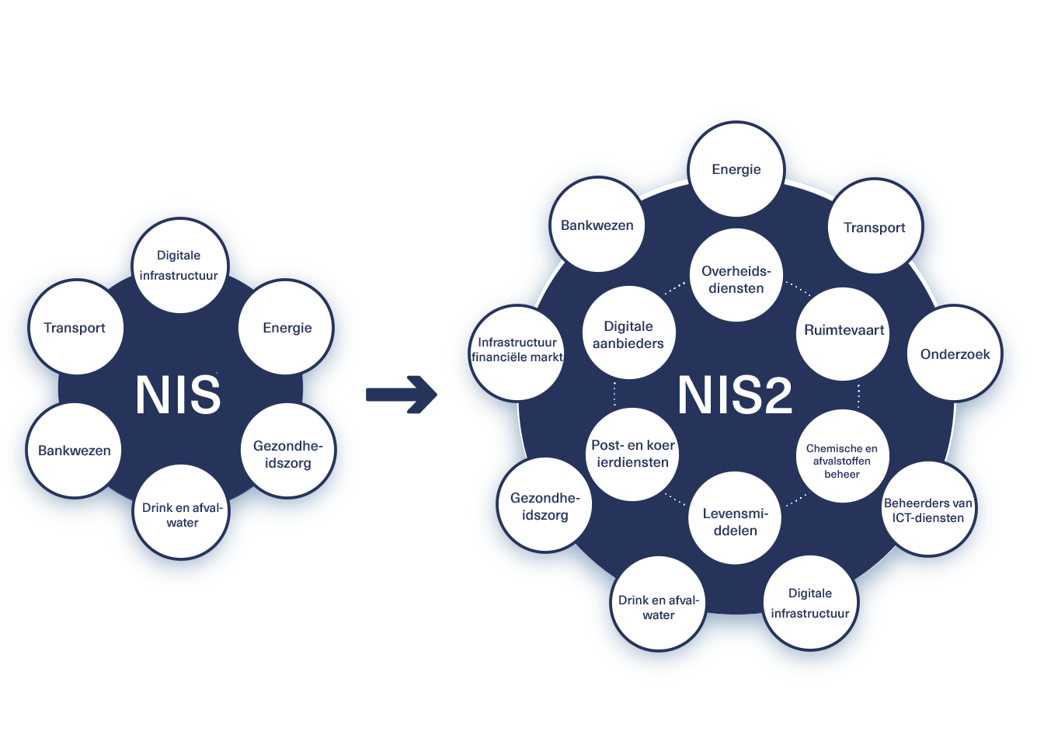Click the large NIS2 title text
coord(735,395)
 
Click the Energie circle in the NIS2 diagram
coord(736,169)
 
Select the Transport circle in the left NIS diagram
coord(75,327)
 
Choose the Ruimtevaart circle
coord(844,333)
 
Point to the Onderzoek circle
coord(955,354)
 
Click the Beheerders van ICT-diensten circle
coord(927,509)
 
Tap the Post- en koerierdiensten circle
coord(632,454)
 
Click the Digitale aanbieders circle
coord(628,334)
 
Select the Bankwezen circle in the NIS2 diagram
coord(597,225)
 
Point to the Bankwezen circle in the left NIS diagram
coord(75,451)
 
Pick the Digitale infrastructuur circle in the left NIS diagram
coord(179,266)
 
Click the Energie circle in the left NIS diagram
coord(287,327)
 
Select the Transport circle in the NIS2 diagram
coord(875,227)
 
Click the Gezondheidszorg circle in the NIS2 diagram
coord(545,505)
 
